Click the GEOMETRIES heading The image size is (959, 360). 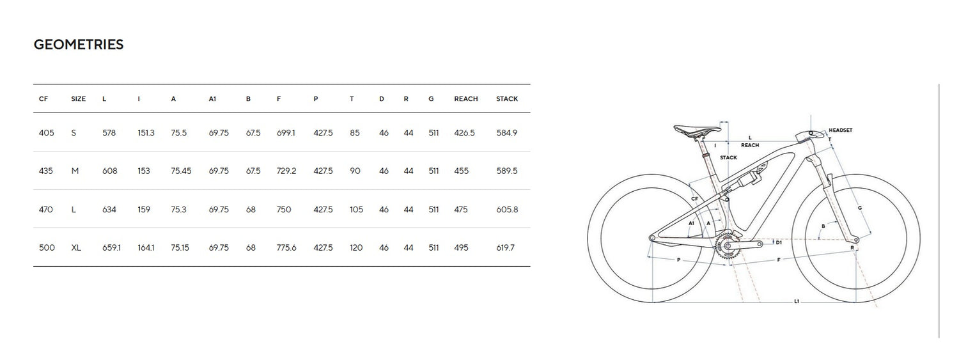pyautogui.click(x=79, y=45)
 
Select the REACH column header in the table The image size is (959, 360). pyautogui.click(x=466, y=99)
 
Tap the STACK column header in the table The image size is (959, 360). pyautogui.click(x=507, y=99)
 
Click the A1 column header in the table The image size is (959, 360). pyautogui.click(x=212, y=99)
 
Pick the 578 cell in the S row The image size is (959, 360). pyautogui.click(x=109, y=133)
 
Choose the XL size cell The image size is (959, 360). pyautogui.click(x=76, y=247)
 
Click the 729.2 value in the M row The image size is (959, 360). pyautogui.click(x=286, y=171)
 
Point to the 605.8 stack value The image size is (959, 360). pyautogui.click(x=507, y=209)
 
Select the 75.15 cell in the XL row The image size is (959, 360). pyautogui.click(x=180, y=247)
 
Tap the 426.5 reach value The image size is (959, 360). pyautogui.click(x=464, y=133)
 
